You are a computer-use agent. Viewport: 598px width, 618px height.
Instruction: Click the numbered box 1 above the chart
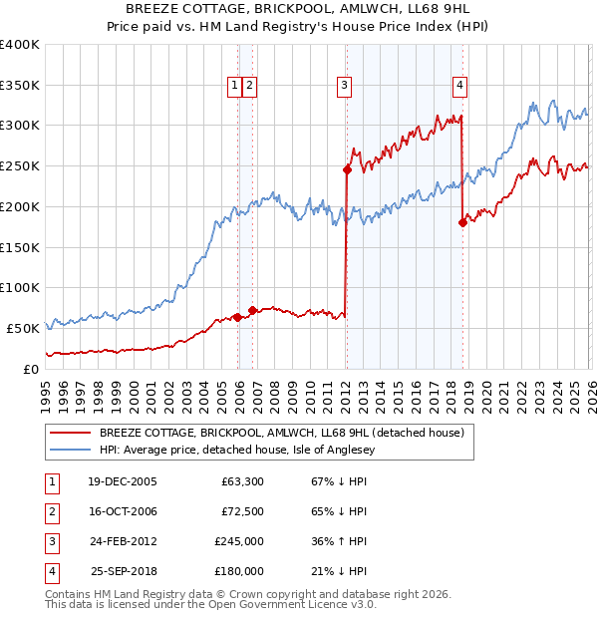point(234,86)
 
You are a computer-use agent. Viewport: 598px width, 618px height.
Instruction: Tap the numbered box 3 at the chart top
point(344,86)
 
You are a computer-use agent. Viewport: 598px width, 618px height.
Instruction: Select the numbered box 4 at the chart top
point(459,86)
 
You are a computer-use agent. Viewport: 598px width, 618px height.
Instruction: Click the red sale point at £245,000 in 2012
point(347,169)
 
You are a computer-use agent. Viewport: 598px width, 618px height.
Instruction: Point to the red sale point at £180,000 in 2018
point(462,222)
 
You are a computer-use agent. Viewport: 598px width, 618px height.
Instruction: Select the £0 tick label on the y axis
point(33,369)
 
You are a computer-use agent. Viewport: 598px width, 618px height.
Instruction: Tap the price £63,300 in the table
point(241,481)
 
